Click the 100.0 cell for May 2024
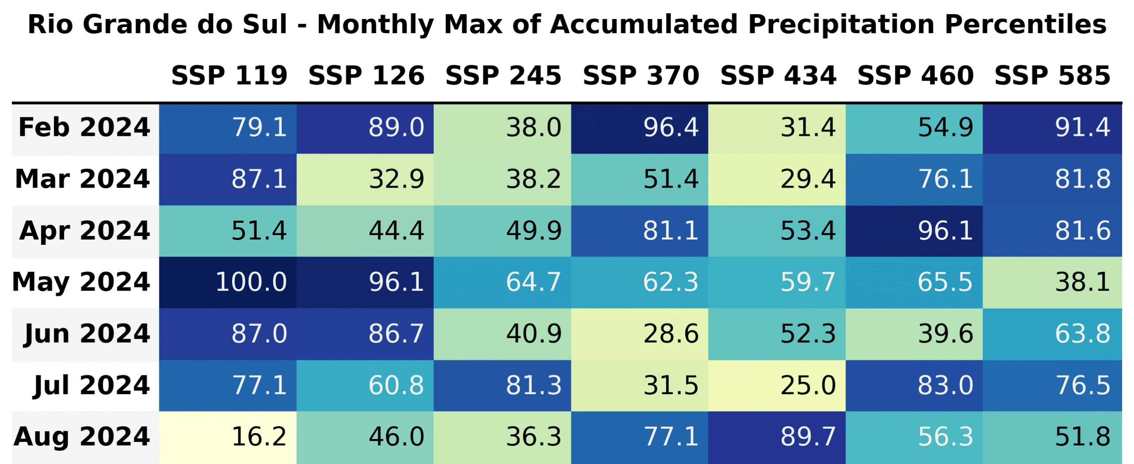point(228,282)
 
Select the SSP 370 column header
point(641,75)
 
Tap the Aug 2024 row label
point(82,437)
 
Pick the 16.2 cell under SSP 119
point(228,437)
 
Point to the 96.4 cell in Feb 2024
point(640,128)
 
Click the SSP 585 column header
point(1052,75)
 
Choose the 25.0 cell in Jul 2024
point(777,385)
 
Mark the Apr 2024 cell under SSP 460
point(914,231)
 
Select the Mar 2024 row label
point(82,179)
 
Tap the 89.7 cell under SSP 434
point(777,437)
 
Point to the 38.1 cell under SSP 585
point(1052,282)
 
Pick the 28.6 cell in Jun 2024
point(640,334)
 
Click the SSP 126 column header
point(366,75)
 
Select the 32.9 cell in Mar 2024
point(365,179)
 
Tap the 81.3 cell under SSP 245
point(502,385)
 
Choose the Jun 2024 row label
point(87,334)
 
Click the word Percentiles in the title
point(1025,24)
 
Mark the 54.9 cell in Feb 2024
point(914,128)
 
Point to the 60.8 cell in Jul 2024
point(365,385)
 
